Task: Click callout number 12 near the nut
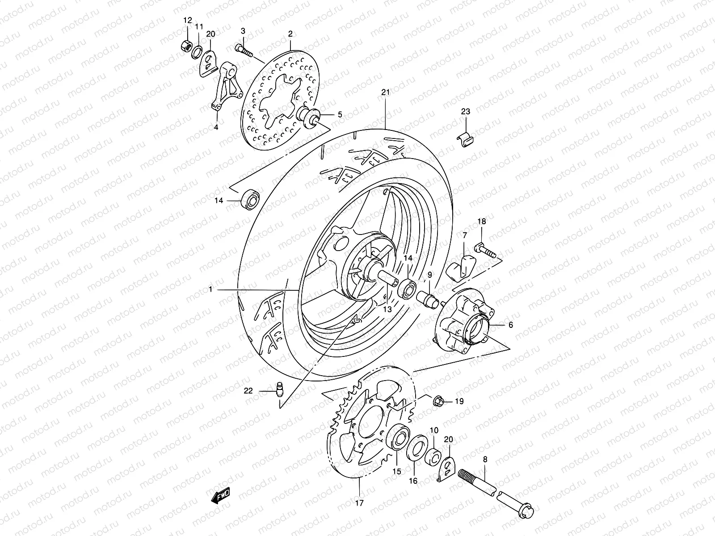point(187,20)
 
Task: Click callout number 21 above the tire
point(386,92)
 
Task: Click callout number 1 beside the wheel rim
point(210,290)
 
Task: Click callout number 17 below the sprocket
point(360,502)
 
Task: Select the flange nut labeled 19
point(438,401)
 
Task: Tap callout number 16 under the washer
point(413,481)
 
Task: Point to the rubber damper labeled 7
point(462,267)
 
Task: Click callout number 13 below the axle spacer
point(387,309)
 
